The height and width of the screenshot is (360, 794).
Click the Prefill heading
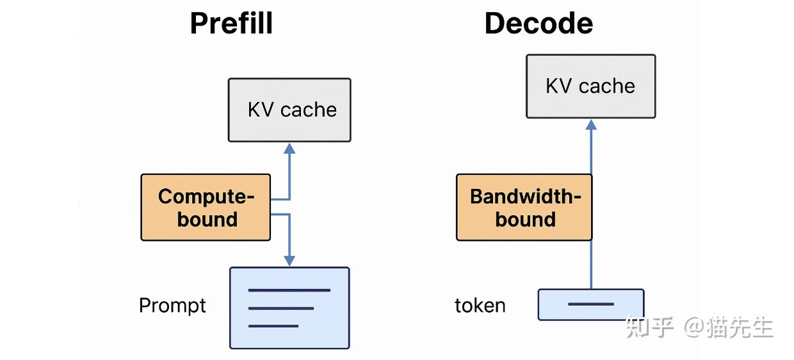(x=231, y=24)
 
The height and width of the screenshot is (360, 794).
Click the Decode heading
(x=539, y=24)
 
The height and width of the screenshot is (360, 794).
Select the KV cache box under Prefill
(x=289, y=110)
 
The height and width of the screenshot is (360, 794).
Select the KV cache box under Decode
(x=590, y=86)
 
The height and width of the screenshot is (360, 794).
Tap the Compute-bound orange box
(x=206, y=207)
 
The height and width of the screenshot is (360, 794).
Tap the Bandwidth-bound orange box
(x=524, y=207)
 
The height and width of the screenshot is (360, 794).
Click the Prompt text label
(x=172, y=306)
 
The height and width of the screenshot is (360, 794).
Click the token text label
(x=480, y=306)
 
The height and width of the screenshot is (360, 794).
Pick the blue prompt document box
(x=289, y=308)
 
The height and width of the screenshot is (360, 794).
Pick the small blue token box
(x=590, y=304)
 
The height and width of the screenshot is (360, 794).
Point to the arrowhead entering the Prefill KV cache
(x=289, y=149)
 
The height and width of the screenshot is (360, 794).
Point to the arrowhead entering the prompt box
(x=289, y=260)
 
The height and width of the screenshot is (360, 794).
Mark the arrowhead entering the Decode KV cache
(x=591, y=125)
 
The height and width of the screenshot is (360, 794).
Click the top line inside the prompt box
(x=289, y=290)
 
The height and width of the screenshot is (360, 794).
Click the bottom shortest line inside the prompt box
(x=273, y=326)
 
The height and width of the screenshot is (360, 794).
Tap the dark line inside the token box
(x=590, y=304)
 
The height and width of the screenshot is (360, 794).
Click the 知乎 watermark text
(x=650, y=327)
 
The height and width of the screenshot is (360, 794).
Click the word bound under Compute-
(x=207, y=219)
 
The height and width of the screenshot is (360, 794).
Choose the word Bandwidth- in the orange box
(x=525, y=196)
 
